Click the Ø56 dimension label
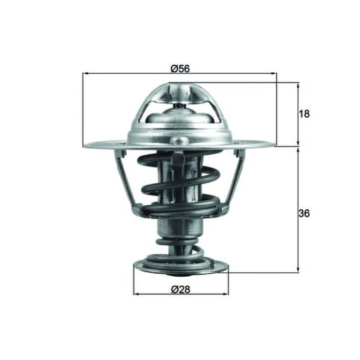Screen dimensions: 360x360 click(180, 69)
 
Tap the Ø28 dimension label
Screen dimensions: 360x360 click(181, 289)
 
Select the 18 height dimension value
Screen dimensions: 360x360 click(305, 114)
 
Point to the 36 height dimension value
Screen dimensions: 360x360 click(304, 213)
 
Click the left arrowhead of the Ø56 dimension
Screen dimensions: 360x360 click(85, 73)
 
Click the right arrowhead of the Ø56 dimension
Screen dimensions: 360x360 click(274, 73)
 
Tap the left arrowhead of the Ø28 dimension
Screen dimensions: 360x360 click(137, 294)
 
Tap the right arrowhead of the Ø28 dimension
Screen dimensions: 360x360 click(226, 294)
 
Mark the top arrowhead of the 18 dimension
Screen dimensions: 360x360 click(298, 85)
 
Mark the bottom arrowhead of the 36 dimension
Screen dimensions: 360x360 click(298, 270)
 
